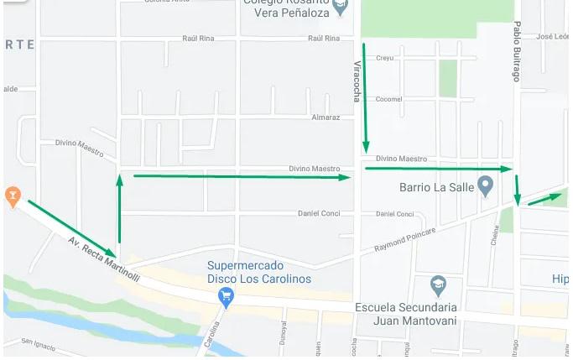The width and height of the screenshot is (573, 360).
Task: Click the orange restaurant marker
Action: [13, 196]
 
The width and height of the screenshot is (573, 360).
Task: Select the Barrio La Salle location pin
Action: [485, 185]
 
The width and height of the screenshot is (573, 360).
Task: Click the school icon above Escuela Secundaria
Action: [436, 286]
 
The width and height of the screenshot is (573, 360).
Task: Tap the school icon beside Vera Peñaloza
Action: [340, 8]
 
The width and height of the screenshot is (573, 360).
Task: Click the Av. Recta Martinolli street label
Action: [104, 260]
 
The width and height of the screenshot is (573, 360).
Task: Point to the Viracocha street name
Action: [357, 81]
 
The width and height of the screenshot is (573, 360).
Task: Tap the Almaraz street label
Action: [326, 117]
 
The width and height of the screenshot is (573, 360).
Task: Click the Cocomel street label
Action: [389, 99]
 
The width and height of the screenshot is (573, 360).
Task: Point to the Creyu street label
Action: [384, 58]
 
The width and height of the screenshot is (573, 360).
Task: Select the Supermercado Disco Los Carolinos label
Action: [259, 273]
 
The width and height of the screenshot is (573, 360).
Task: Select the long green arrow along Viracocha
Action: [365, 97]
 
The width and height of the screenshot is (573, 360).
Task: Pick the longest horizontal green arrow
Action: [242, 176]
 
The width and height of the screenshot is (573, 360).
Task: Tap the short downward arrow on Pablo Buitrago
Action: [518, 190]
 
